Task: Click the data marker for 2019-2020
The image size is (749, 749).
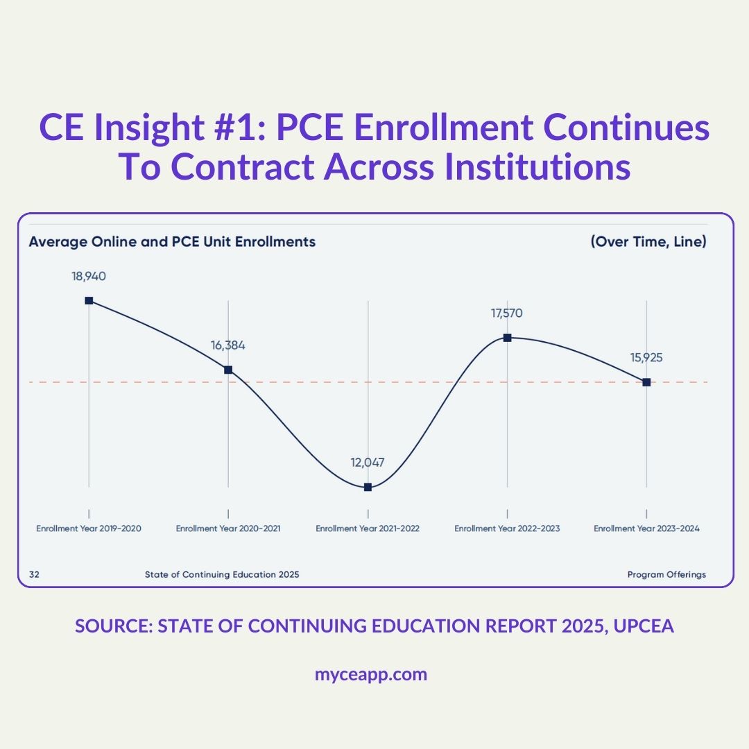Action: [89, 300]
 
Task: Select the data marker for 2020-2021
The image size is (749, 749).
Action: [228, 370]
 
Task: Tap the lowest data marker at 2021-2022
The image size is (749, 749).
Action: [368, 488]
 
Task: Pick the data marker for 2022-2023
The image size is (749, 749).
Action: [507, 338]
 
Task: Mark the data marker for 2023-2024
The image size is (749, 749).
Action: [646, 382]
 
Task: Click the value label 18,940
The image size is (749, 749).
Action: [89, 276]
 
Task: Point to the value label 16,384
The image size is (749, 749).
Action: [228, 345]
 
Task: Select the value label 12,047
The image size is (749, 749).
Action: [368, 463]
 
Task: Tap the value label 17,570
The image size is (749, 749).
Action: [507, 313]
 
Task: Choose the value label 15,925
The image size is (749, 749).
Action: [646, 358]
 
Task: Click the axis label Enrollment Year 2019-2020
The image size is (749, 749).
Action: [89, 528]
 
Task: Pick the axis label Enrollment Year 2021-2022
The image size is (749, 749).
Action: [368, 528]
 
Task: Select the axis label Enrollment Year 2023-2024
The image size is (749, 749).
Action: [646, 528]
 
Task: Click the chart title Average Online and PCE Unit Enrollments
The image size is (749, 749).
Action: [172, 242]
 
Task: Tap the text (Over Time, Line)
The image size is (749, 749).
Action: [648, 242]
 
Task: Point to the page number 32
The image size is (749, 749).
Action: [34, 574]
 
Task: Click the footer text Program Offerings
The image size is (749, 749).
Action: [666, 574]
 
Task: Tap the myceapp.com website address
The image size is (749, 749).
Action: [371, 674]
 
